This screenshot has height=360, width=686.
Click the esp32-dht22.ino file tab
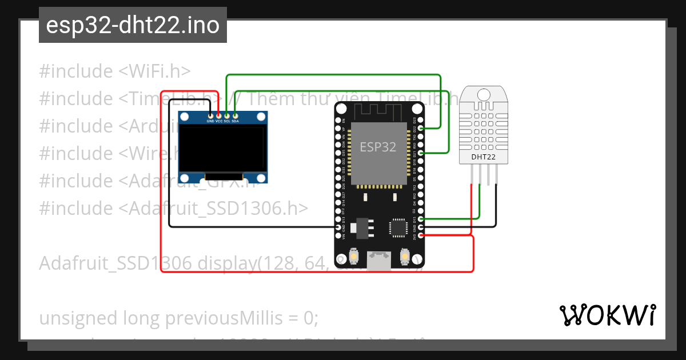point(133,25)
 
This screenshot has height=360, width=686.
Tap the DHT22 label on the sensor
point(483,157)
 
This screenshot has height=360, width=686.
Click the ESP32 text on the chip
point(378,147)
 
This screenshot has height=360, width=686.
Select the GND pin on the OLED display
point(210,116)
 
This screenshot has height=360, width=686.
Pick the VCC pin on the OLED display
point(218,116)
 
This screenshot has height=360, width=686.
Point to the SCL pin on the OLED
point(227,116)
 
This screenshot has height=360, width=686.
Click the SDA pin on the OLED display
point(235,116)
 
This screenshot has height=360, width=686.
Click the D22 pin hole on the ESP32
point(421,129)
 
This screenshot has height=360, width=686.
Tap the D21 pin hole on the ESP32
point(421,153)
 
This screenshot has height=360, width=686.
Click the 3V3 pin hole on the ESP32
point(421,235)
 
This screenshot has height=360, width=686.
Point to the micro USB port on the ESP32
point(379,262)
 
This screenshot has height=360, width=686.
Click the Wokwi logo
point(607,315)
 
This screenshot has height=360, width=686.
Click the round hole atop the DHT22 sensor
point(484,94)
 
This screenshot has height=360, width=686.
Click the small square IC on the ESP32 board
point(397,227)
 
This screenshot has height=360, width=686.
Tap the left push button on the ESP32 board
point(354,257)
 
